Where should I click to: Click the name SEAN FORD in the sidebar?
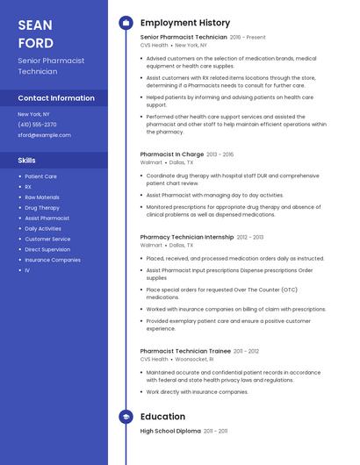(36, 34)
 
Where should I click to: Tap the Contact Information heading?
(56, 98)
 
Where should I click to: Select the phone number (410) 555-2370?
(38, 125)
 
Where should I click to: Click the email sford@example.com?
(44, 135)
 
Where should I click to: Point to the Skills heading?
(27, 161)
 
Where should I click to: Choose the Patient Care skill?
(40, 176)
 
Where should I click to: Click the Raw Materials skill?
(42, 197)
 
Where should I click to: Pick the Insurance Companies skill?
(53, 260)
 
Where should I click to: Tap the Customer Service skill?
(47, 239)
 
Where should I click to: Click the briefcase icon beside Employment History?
(126, 23)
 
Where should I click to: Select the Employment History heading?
(185, 23)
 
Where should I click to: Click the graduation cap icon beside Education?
(126, 417)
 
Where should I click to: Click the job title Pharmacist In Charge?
(172, 154)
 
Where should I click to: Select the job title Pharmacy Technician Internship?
(187, 237)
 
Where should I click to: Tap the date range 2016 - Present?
(248, 38)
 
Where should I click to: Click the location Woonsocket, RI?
(195, 359)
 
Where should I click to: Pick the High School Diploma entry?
(170, 432)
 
